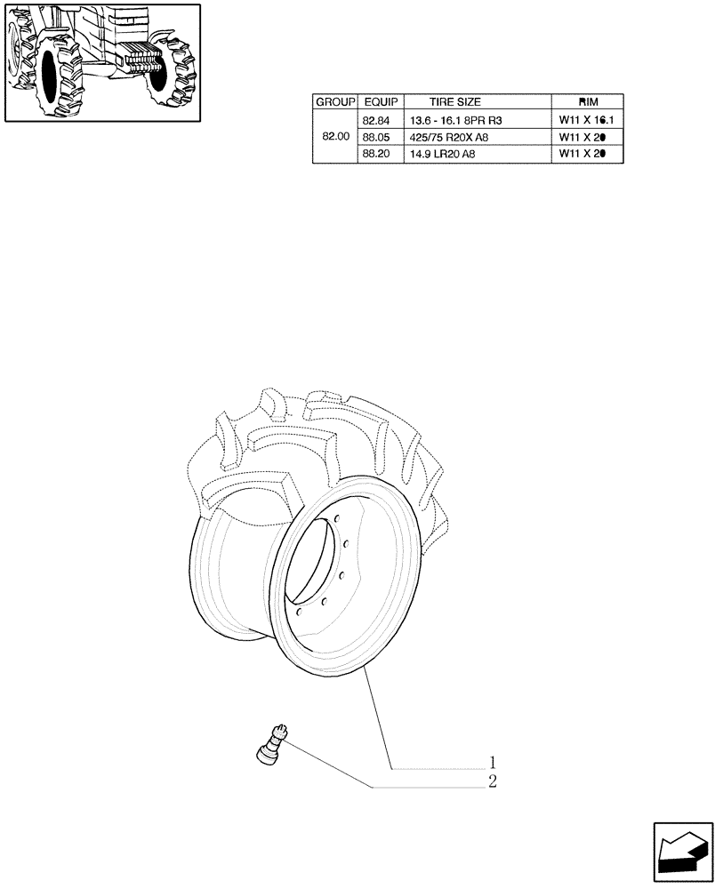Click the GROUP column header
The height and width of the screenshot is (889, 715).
pyautogui.click(x=334, y=102)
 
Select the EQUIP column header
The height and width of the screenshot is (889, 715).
pyautogui.click(x=381, y=102)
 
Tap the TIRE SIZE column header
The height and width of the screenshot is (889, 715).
pyautogui.click(x=454, y=102)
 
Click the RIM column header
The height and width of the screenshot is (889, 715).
pyautogui.click(x=588, y=102)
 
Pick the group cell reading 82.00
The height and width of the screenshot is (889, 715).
pyautogui.click(x=334, y=137)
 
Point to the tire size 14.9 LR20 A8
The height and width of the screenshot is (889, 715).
pyautogui.click(x=443, y=154)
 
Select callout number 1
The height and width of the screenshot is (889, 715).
pyautogui.click(x=491, y=763)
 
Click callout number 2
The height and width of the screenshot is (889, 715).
pyautogui.click(x=491, y=782)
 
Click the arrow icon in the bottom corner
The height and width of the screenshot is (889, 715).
pyautogui.click(x=682, y=853)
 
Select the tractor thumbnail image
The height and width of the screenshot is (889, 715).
pyautogui.click(x=100, y=62)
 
